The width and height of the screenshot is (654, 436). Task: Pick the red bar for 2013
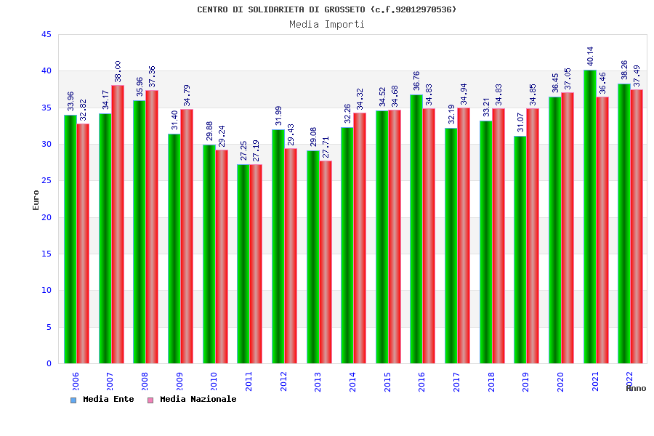(326, 262)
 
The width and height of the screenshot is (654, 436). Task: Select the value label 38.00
(118, 72)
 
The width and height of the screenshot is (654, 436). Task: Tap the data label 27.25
(244, 151)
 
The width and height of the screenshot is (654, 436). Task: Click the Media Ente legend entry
(102, 400)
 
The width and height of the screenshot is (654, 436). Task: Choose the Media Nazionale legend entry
(192, 400)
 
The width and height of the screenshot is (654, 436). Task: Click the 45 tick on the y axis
(47, 35)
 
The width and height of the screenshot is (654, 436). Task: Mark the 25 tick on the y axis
(47, 181)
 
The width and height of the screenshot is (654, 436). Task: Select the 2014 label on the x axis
(353, 381)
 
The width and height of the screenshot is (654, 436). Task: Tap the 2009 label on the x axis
(179, 381)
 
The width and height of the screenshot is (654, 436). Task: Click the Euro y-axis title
(36, 200)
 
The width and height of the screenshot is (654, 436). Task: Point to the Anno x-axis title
(636, 388)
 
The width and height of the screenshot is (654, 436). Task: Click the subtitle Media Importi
(327, 25)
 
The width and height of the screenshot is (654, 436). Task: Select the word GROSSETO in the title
(342, 9)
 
